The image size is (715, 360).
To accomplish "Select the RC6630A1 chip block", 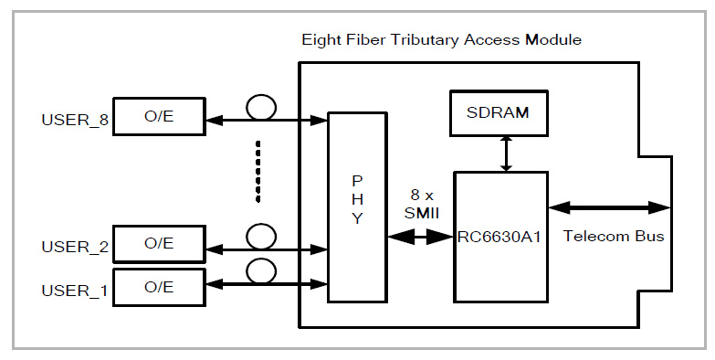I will (499, 236).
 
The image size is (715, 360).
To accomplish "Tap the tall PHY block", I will (357, 207).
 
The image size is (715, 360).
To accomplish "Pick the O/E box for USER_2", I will (157, 244).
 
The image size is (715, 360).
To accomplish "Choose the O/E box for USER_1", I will (157, 288).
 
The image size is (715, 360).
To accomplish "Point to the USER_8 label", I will (69, 120).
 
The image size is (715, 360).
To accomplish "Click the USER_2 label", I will (69, 246).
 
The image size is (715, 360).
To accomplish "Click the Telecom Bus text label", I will (613, 236).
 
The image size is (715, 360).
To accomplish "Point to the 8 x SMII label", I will (421, 204).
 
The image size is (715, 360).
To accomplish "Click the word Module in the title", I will (556, 40).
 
